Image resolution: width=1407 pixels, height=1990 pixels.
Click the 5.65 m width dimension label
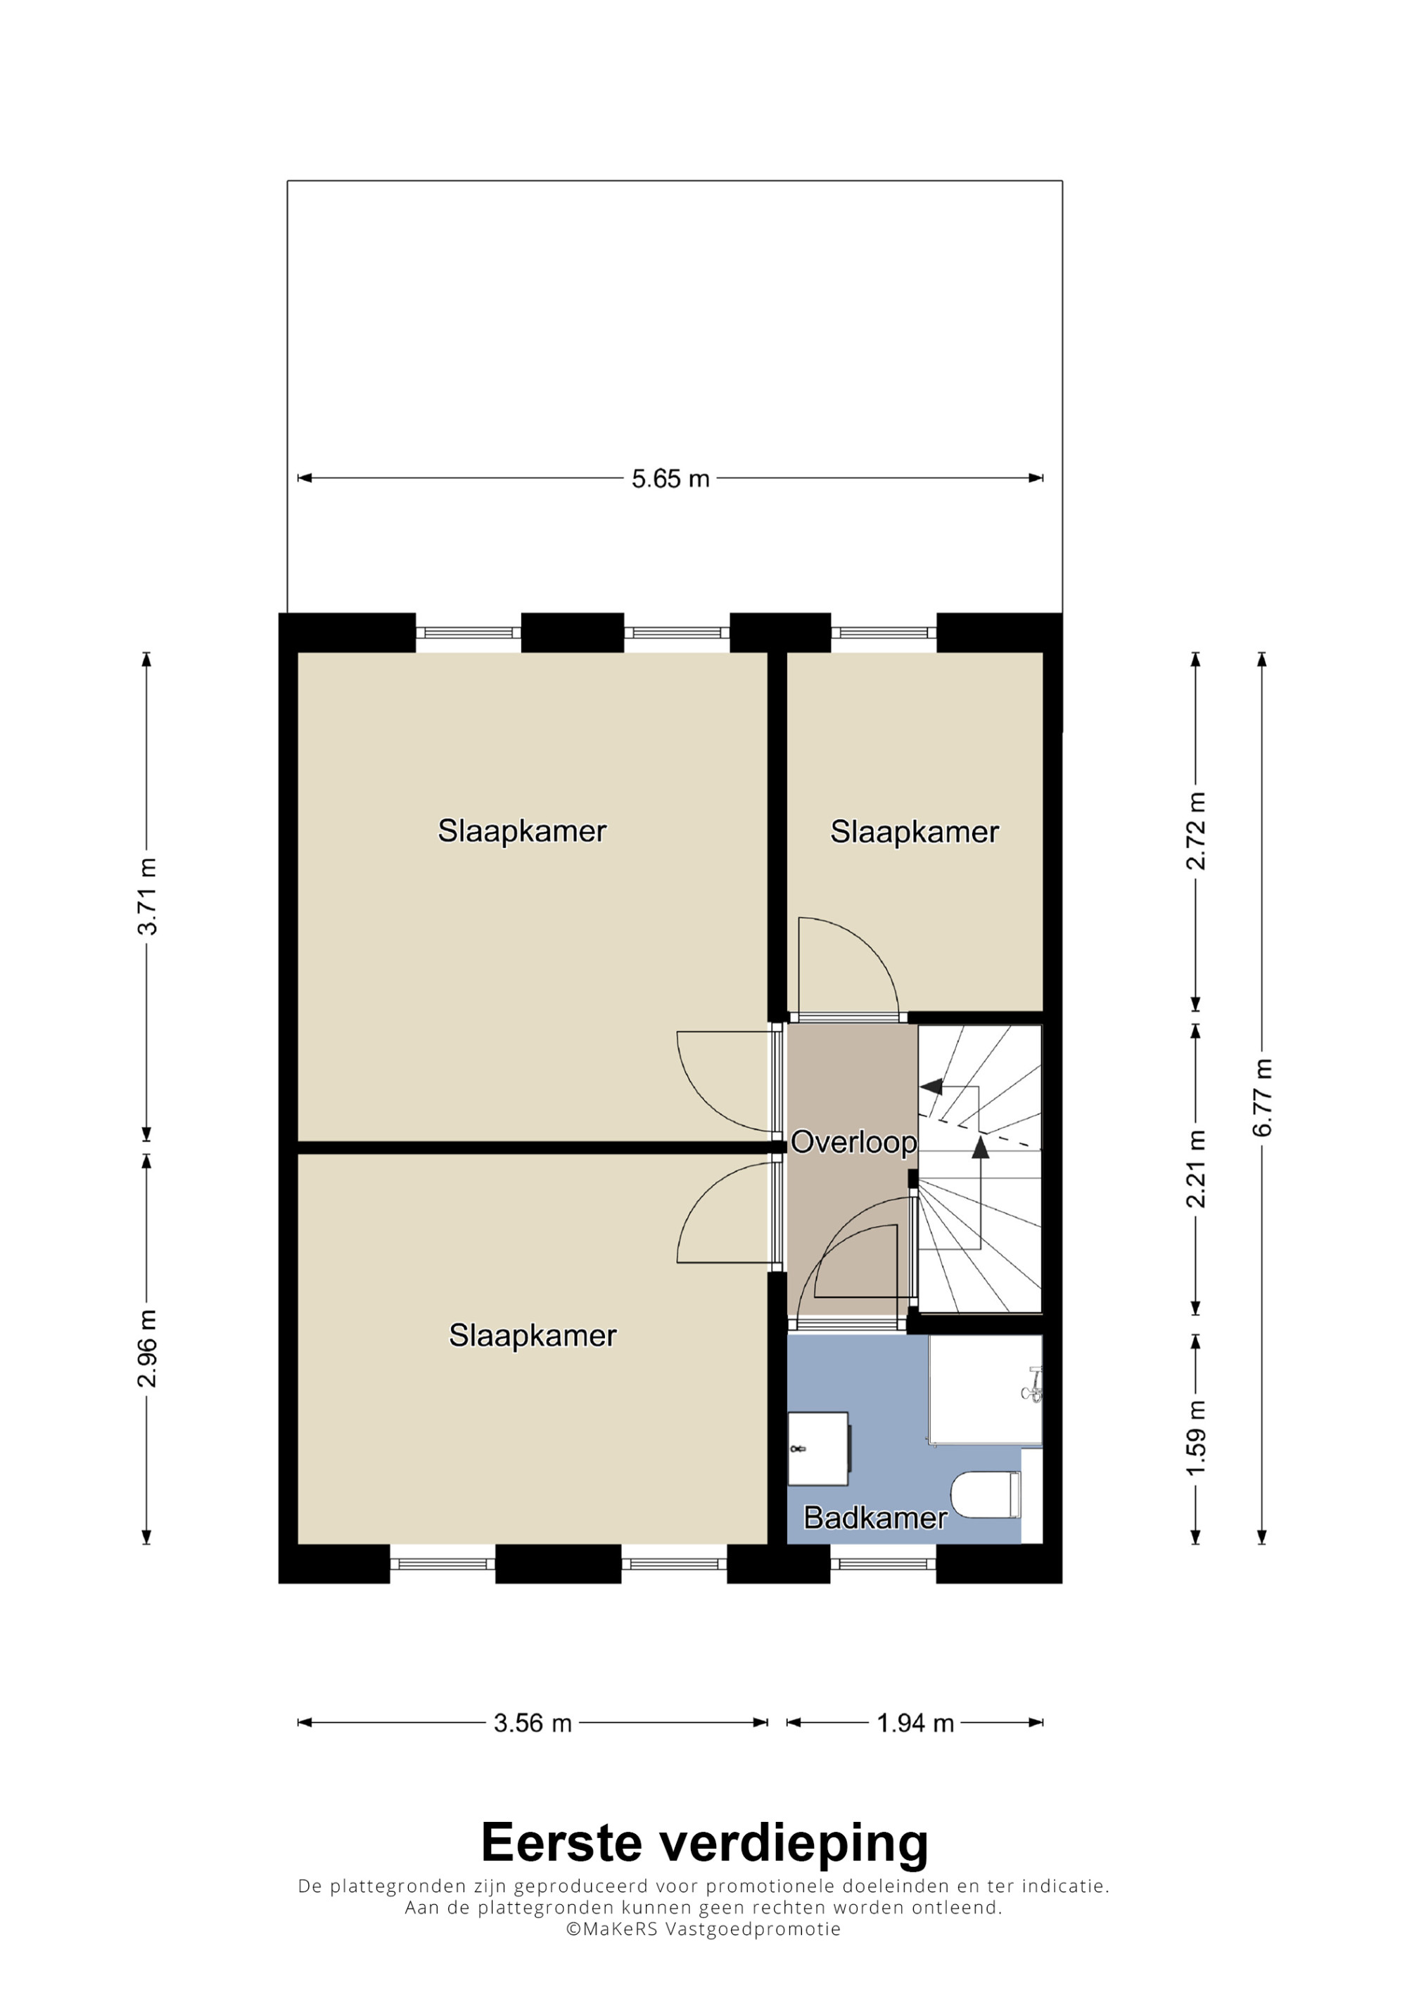click(670, 478)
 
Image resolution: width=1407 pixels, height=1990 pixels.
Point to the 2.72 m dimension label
click(1197, 830)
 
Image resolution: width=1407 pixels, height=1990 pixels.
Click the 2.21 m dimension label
click(1197, 1169)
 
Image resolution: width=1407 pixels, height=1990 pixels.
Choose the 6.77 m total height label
click(1263, 1097)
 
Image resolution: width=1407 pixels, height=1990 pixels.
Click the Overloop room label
click(853, 1143)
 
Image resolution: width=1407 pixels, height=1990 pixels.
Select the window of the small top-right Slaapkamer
click(884, 632)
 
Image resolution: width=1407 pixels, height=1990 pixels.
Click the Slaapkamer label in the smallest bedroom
click(915, 832)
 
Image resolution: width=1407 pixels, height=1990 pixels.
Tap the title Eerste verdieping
click(704, 1842)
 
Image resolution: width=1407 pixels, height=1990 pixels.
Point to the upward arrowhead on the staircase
click(981, 1148)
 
